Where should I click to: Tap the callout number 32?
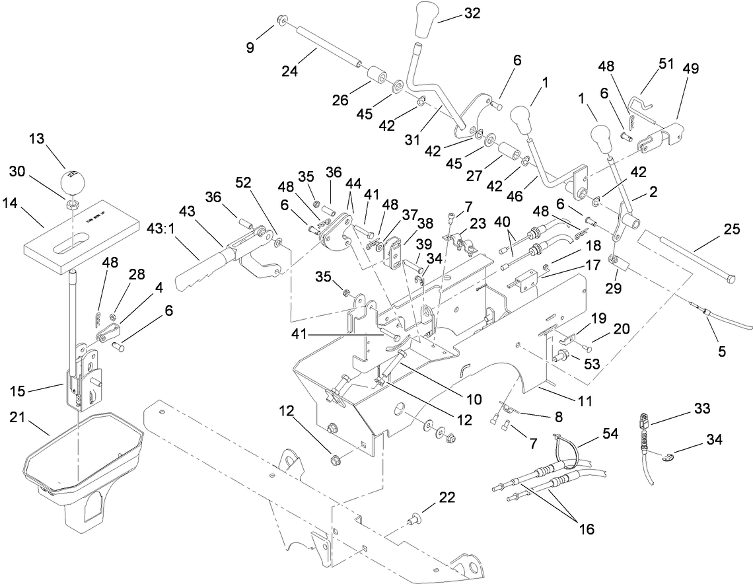click(472, 13)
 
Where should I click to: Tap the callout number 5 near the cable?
click(722, 353)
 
